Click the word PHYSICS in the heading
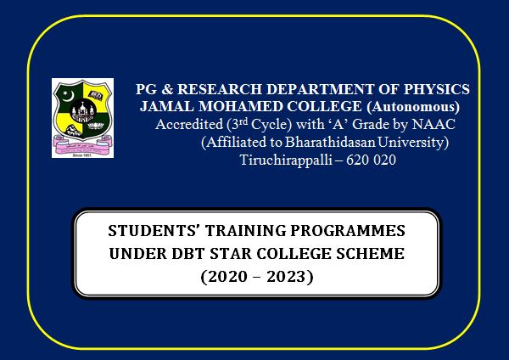pos(437,89)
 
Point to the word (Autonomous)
pos(413,107)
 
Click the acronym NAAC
pos(433,124)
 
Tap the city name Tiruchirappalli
pos(285,160)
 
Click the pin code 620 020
pos(371,160)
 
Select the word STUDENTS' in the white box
pos(154,231)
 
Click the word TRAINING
pos(246,231)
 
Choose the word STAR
pos(231,254)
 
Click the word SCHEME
pos(371,254)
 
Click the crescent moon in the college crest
pos(68,96)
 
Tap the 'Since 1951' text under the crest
pos(81,155)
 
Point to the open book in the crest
pos(96,95)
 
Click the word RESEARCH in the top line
pos(220,89)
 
